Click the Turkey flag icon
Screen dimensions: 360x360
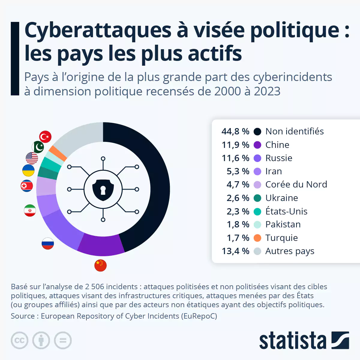click(45, 137)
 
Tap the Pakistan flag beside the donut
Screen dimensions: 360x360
click(38, 147)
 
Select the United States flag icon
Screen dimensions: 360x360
click(32, 158)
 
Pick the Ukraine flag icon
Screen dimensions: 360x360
click(28, 170)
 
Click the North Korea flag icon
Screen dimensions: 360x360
click(27, 186)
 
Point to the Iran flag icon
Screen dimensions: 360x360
click(30, 211)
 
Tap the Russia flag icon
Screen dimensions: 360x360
click(48, 243)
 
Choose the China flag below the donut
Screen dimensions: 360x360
click(100, 265)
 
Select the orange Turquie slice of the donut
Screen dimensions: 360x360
click(58, 153)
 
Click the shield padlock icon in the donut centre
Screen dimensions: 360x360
click(103, 190)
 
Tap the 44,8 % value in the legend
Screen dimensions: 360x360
click(235, 131)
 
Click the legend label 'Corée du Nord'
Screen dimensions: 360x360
click(296, 184)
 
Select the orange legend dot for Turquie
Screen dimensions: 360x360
click(257, 238)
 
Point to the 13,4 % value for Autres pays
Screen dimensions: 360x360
click(235, 251)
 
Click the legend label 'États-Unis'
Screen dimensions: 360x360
click(286, 211)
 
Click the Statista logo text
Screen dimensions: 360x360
click(292, 341)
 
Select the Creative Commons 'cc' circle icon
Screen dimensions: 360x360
click(19, 340)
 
